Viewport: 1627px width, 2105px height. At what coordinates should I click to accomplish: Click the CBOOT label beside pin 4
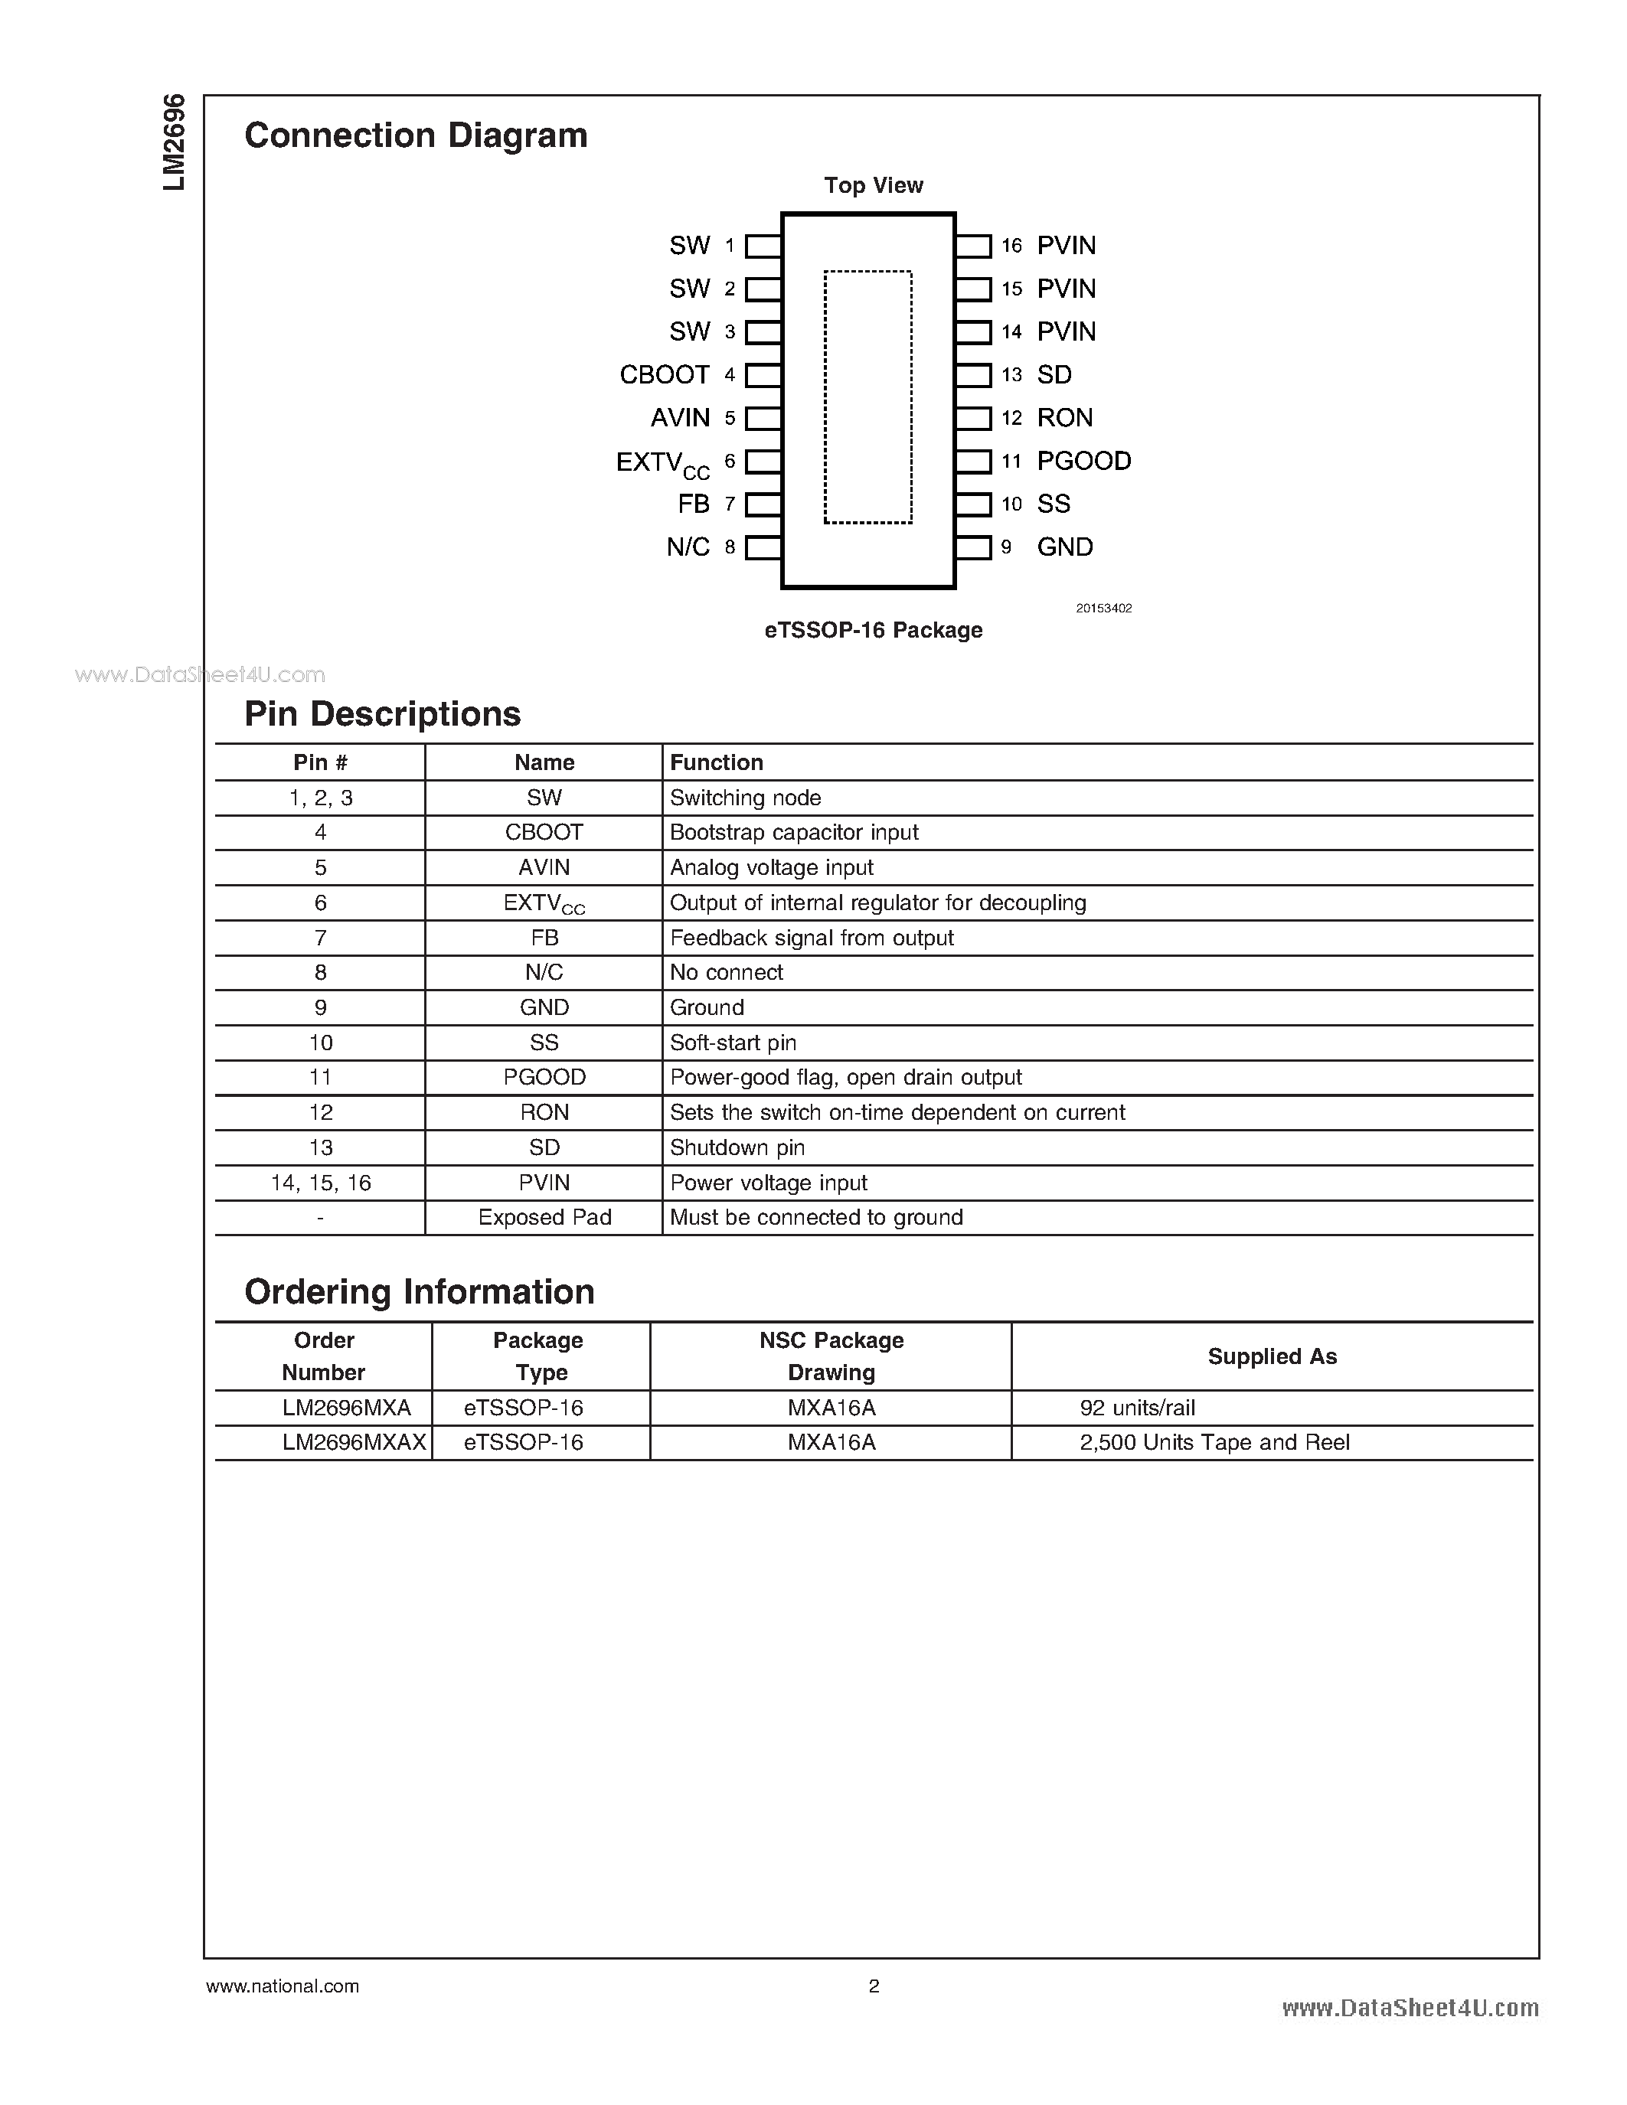pyautogui.click(x=664, y=375)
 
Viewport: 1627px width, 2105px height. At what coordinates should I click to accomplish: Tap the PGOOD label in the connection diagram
pyautogui.click(x=1083, y=461)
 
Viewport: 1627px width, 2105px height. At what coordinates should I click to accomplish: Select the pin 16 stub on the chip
pyautogui.click(x=973, y=246)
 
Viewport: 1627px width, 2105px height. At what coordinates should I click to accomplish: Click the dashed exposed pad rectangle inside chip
pyautogui.click(x=867, y=397)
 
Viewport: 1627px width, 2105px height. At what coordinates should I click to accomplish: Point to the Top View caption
pyautogui.click(x=874, y=185)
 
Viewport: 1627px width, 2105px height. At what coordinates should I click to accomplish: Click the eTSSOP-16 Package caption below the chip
pyautogui.click(x=874, y=630)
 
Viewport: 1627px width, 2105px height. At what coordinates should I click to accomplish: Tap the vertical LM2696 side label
pyautogui.click(x=174, y=142)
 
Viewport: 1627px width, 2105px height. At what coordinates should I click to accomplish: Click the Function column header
pyautogui.click(x=716, y=762)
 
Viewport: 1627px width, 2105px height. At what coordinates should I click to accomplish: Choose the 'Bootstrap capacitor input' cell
pyautogui.click(x=793, y=833)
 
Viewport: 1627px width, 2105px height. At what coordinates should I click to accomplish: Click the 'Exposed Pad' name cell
pyautogui.click(x=544, y=1217)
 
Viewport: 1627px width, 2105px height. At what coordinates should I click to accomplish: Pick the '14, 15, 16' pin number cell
pyautogui.click(x=320, y=1183)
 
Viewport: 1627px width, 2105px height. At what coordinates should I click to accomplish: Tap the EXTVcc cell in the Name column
pyautogui.click(x=544, y=904)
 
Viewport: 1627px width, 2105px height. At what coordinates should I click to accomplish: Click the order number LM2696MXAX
pyautogui.click(x=354, y=1443)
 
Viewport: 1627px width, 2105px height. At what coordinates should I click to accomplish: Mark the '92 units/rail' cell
pyautogui.click(x=1137, y=1408)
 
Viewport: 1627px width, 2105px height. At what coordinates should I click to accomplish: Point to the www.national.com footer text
pyautogui.click(x=283, y=1986)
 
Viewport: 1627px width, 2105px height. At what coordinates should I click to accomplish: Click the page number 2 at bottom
pyautogui.click(x=874, y=1986)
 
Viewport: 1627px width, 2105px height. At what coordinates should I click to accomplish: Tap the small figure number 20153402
pyautogui.click(x=1103, y=609)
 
